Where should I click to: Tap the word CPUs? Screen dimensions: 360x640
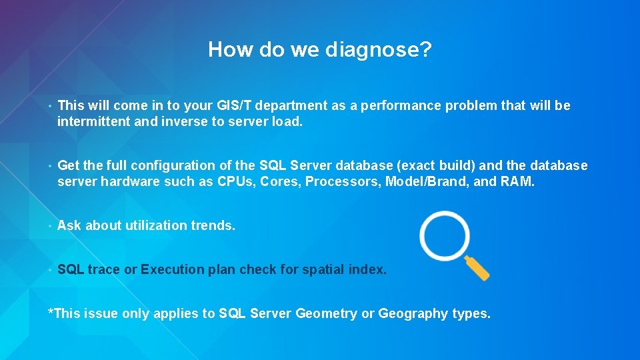pyautogui.click(x=236, y=182)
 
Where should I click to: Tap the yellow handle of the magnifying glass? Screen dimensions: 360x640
pyautogui.click(x=478, y=268)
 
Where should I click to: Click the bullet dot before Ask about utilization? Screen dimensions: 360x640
pyautogui.click(x=50, y=226)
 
